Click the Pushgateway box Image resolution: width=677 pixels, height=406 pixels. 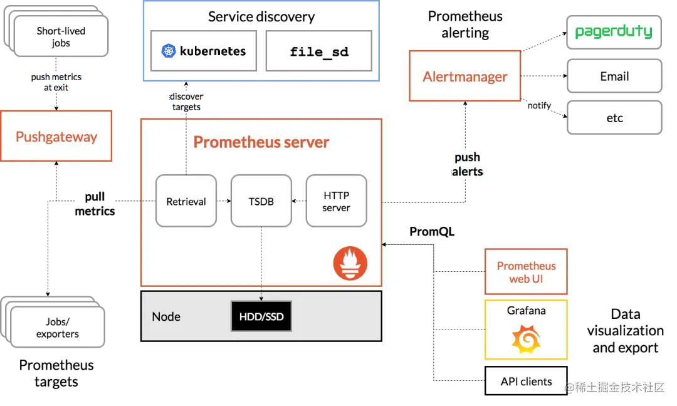coord(56,136)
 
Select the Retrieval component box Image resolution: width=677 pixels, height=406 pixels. coord(186,200)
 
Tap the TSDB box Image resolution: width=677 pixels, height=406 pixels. coord(261,200)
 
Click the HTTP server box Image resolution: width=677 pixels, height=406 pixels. coord(337,200)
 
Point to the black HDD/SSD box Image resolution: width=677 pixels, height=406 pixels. coord(261,316)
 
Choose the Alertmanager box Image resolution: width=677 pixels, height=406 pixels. coord(465,76)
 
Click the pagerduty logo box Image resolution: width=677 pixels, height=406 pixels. coord(614,32)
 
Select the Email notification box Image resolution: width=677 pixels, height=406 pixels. coord(614,76)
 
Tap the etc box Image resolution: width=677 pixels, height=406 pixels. coord(614,117)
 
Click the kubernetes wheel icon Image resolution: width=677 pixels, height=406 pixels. coord(169,51)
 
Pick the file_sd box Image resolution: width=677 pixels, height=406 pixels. coord(319,51)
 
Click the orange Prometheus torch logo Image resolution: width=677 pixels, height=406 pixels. coord(350,263)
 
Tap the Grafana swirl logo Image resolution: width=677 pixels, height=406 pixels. coord(526,339)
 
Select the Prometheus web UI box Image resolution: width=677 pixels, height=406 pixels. coord(526,271)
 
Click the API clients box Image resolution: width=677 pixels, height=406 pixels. coord(526,381)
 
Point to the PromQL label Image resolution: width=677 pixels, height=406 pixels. coord(432,232)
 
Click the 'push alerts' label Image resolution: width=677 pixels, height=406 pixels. coord(467,164)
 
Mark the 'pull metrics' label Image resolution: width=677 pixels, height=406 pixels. coord(95,204)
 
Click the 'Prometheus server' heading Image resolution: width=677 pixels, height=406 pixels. coord(261,142)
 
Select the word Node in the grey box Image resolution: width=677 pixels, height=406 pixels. coord(165,316)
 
